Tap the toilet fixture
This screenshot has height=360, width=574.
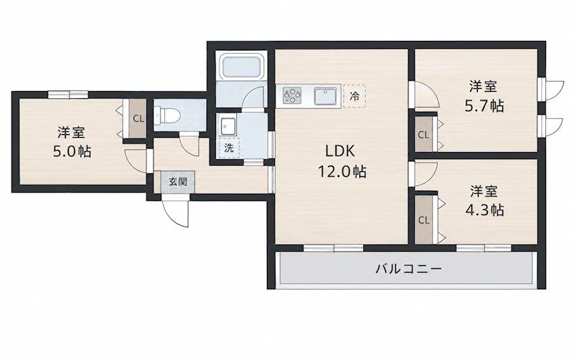point(167,115)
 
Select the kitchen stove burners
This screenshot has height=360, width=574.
point(292,95)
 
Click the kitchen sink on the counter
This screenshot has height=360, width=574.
point(326,96)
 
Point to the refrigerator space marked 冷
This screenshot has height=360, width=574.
point(354,96)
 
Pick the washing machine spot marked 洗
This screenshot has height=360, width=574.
point(229,148)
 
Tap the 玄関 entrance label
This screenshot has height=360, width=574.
point(178,181)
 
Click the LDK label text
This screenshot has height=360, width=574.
point(340,151)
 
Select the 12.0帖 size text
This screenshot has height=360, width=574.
point(342,171)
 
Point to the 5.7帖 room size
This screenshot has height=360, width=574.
point(484,106)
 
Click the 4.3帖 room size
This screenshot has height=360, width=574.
point(484,210)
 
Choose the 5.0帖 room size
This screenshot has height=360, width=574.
point(72,151)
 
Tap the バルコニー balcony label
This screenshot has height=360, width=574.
point(408,269)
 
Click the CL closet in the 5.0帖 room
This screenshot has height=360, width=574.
point(138,118)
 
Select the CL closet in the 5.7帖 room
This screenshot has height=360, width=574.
point(423,135)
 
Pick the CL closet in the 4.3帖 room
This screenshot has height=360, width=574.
point(423,220)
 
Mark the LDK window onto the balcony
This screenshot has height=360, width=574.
point(333,248)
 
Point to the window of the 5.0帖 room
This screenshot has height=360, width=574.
point(68,95)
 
